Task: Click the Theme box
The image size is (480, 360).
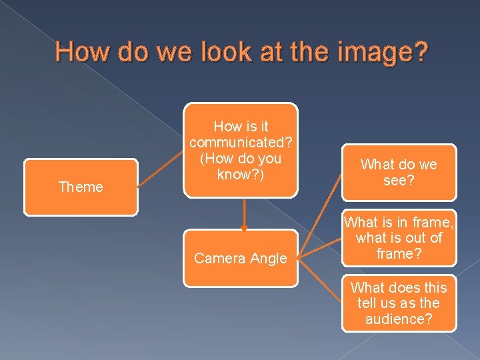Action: (x=81, y=187)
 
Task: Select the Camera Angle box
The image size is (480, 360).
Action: (x=240, y=259)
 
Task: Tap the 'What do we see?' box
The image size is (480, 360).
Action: (x=399, y=173)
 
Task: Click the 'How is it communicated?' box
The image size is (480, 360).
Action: (x=240, y=151)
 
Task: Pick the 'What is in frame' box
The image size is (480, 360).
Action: (x=399, y=238)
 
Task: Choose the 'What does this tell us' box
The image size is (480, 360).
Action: (x=399, y=303)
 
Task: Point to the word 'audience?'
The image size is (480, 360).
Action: (x=399, y=319)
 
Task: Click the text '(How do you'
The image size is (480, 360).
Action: (x=244, y=159)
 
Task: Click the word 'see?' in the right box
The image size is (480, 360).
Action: (x=399, y=181)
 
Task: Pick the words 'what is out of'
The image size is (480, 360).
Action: (x=399, y=238)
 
